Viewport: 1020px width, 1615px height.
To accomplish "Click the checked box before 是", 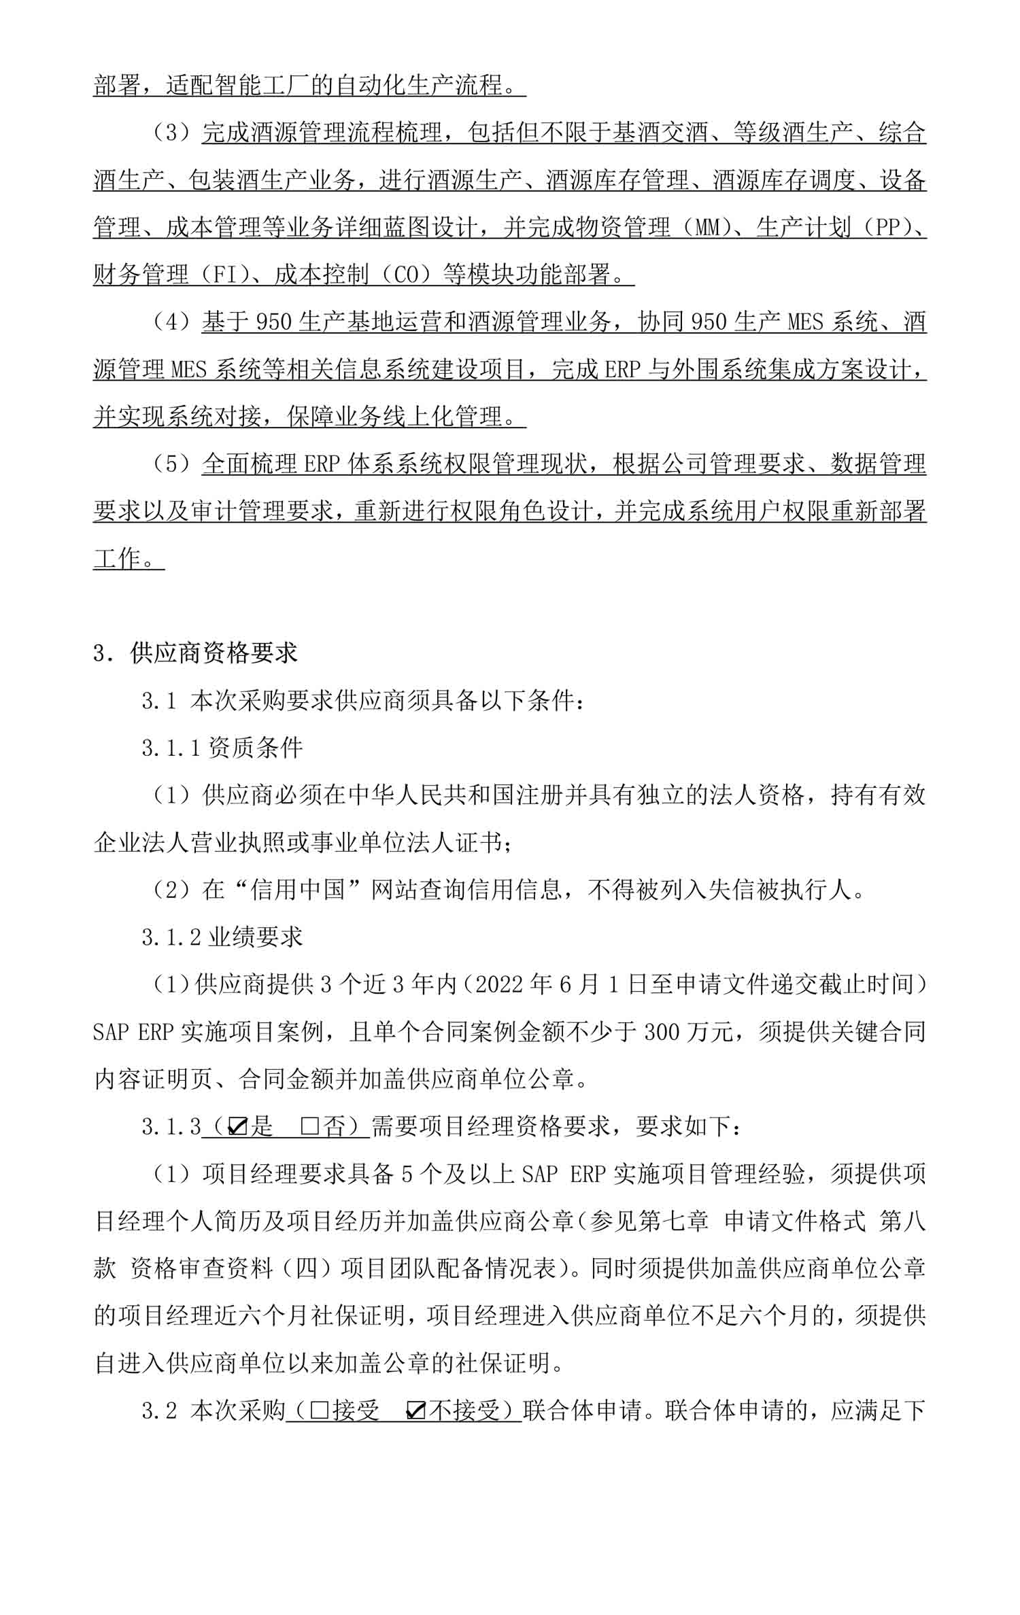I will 237,1127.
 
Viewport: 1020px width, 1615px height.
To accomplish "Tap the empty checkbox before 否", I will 309,1127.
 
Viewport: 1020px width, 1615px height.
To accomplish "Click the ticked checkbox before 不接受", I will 415,1411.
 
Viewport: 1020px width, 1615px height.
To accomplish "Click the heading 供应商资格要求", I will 214,653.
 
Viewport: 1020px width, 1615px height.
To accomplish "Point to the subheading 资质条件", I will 255,748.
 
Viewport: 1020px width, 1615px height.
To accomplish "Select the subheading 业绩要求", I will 255,937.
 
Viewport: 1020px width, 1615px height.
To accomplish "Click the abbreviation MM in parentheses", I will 709,228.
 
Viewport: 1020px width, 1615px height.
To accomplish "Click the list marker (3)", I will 173,133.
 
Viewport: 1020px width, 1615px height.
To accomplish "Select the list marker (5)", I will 173,464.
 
